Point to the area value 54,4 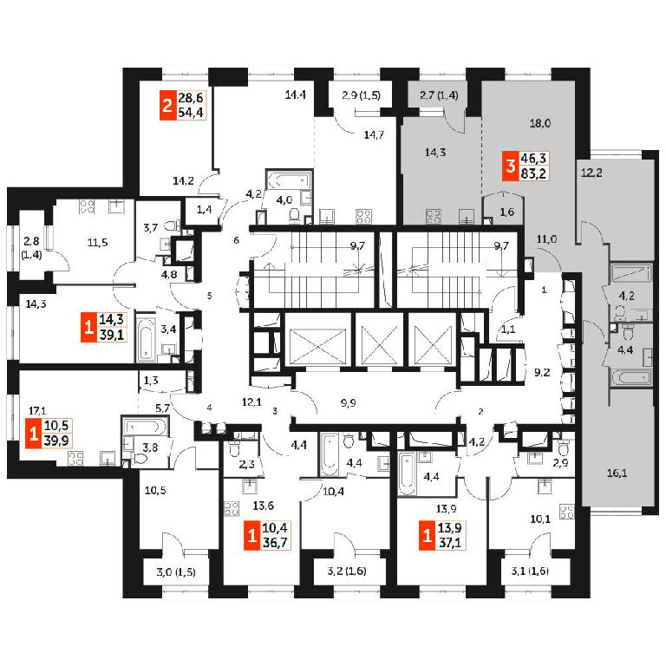pyautogui.click(x=192, y=114)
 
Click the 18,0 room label pyautogui.click(x=539, y=124)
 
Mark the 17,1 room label pyautogui.click(x=36, y=410)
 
